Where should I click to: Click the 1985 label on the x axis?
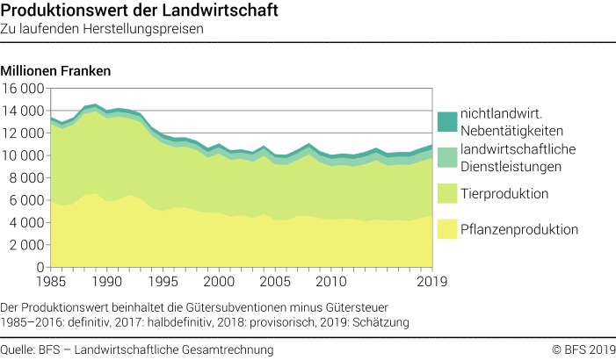[51, 282]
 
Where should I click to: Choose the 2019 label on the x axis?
[431, 282]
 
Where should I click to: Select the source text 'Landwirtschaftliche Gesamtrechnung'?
[175, 349]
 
